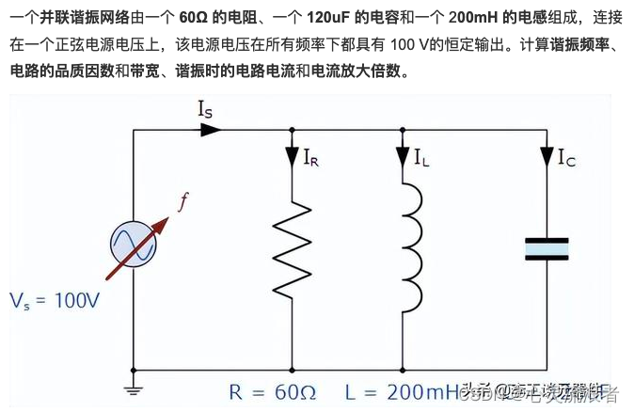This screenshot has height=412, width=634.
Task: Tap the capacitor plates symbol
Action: [547, 247]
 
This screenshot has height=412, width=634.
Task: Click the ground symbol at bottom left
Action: [133, 387]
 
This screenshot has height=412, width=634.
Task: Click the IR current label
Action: [311, 157]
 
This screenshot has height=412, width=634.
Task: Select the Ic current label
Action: [566, 157]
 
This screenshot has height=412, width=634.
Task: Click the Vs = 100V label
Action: [54, 301]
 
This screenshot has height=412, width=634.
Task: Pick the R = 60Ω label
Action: [272, 390]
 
